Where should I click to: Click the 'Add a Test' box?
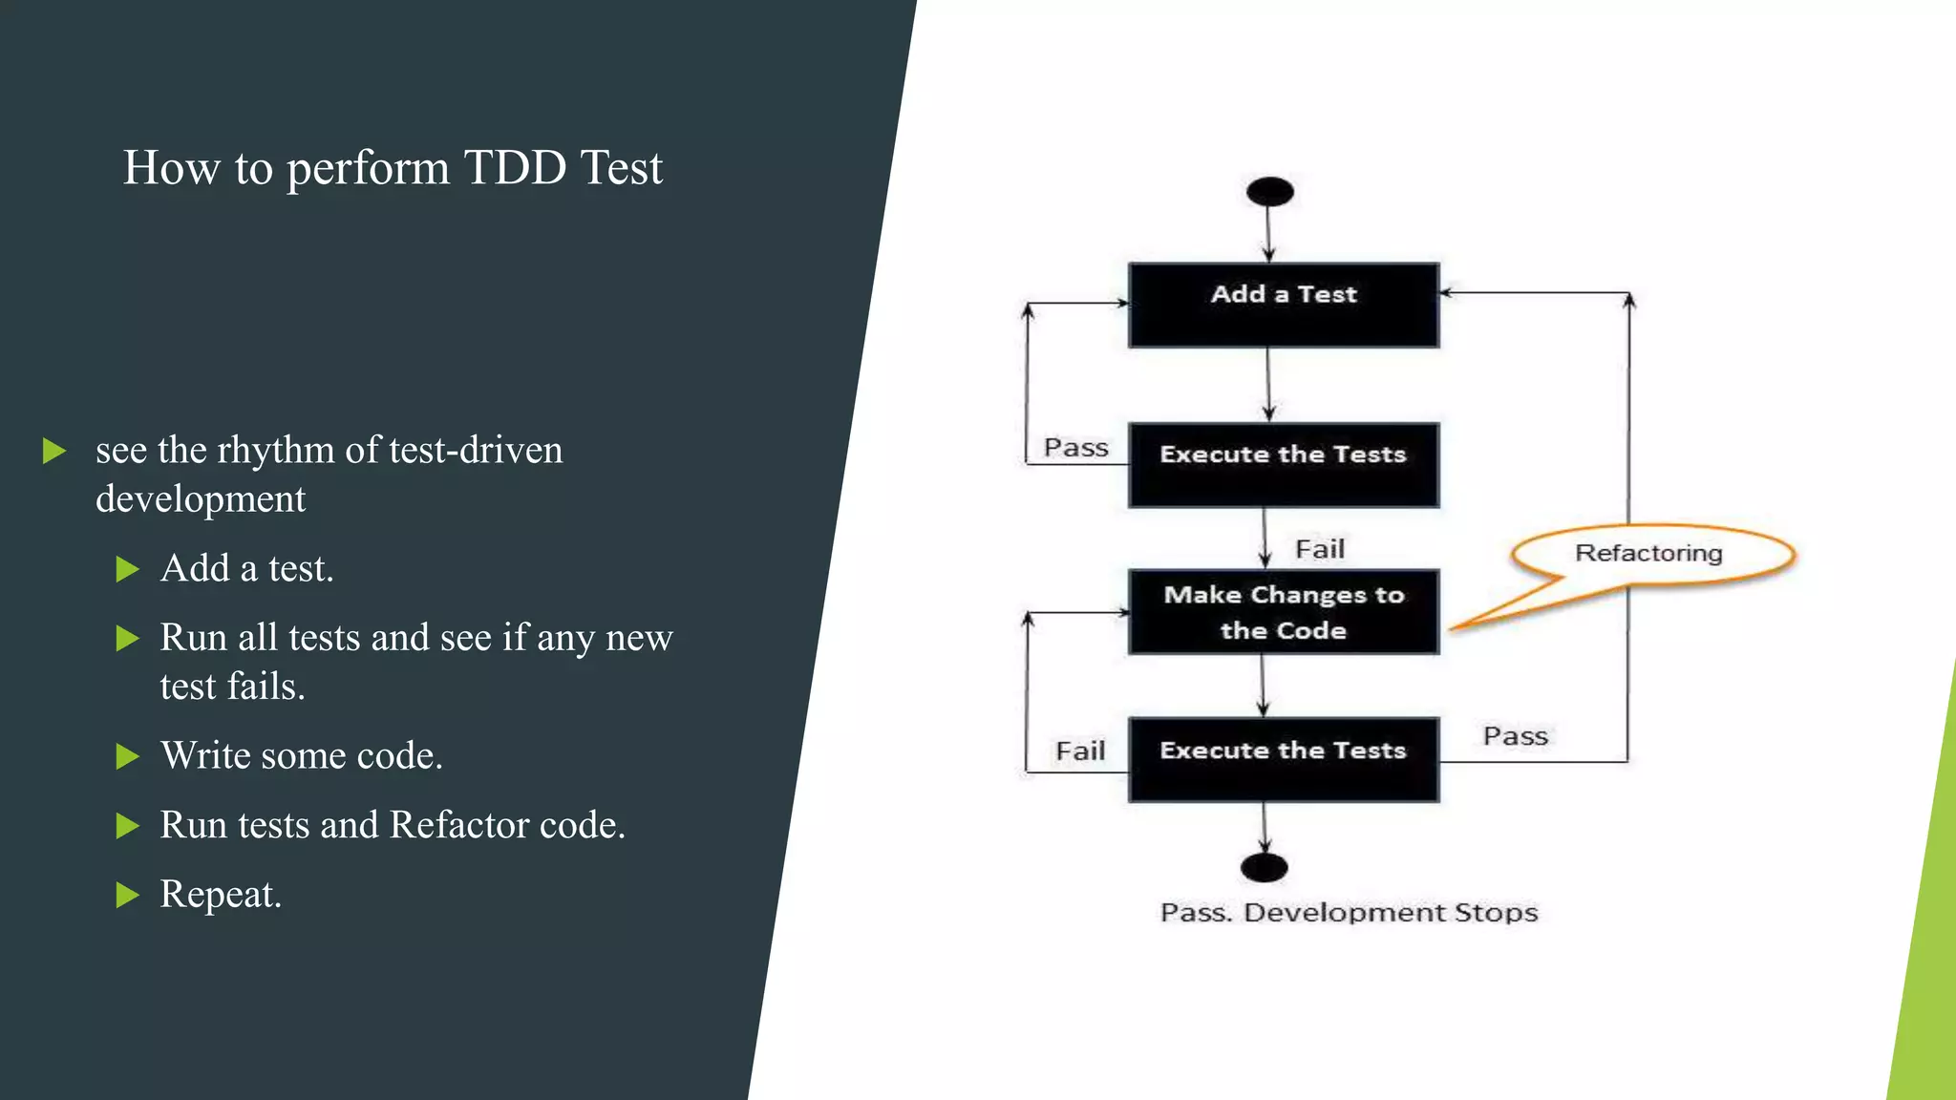point(1283,305)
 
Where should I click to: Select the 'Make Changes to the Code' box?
point(1283,612)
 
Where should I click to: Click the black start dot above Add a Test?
point(1269,192)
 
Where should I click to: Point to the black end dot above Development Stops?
point(1264,868)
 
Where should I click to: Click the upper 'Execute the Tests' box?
point(1283,464)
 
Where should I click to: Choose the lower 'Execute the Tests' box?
point(1283,759)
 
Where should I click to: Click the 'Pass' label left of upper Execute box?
point(1075,448)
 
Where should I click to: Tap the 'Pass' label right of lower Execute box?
point(1515,736)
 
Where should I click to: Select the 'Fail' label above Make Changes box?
point(1319,549)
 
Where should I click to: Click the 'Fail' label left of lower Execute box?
point(1080,751)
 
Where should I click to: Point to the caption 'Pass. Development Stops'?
point(1349,913)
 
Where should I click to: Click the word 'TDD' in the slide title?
point(515,168)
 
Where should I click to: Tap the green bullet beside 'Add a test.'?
point(127,570)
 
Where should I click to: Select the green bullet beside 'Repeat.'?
point(127,896)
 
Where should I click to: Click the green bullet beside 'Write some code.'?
point(127,757)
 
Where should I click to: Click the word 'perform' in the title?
point(368,170)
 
